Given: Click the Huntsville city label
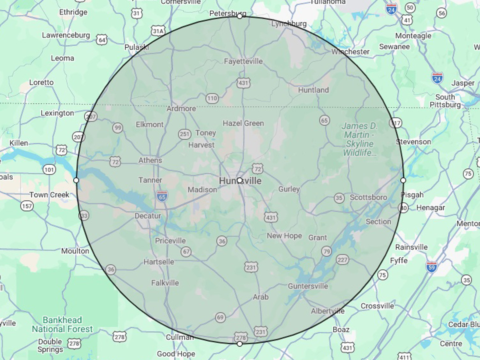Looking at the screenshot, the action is point(241,181).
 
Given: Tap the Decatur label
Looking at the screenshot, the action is point(148,216).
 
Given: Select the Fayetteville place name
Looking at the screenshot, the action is point(243,61).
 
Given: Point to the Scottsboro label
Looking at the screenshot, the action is point(368,197).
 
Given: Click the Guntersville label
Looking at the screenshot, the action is point(308,286).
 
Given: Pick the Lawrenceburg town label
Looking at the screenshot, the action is point(66,35).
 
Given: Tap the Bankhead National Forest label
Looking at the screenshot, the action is point(62,325).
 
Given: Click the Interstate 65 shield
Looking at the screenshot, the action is point(162,196).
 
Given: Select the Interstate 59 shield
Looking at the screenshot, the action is point(431,267).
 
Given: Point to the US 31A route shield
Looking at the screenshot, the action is point(158,31).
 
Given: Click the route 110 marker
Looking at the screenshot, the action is point(212,98).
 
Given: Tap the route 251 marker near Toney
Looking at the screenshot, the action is point(184,134).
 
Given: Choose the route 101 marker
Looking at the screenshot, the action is point(49,170).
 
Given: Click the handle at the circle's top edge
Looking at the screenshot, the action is point(240,16).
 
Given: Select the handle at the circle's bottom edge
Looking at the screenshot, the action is point(240,344).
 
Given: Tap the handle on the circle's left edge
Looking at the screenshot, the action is point(76,180).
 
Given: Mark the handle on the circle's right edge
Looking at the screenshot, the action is point(403,180).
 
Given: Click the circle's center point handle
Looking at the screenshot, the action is point(239,180).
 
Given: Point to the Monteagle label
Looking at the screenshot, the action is point(413,36).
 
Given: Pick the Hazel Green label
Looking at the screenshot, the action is point(243,123).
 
